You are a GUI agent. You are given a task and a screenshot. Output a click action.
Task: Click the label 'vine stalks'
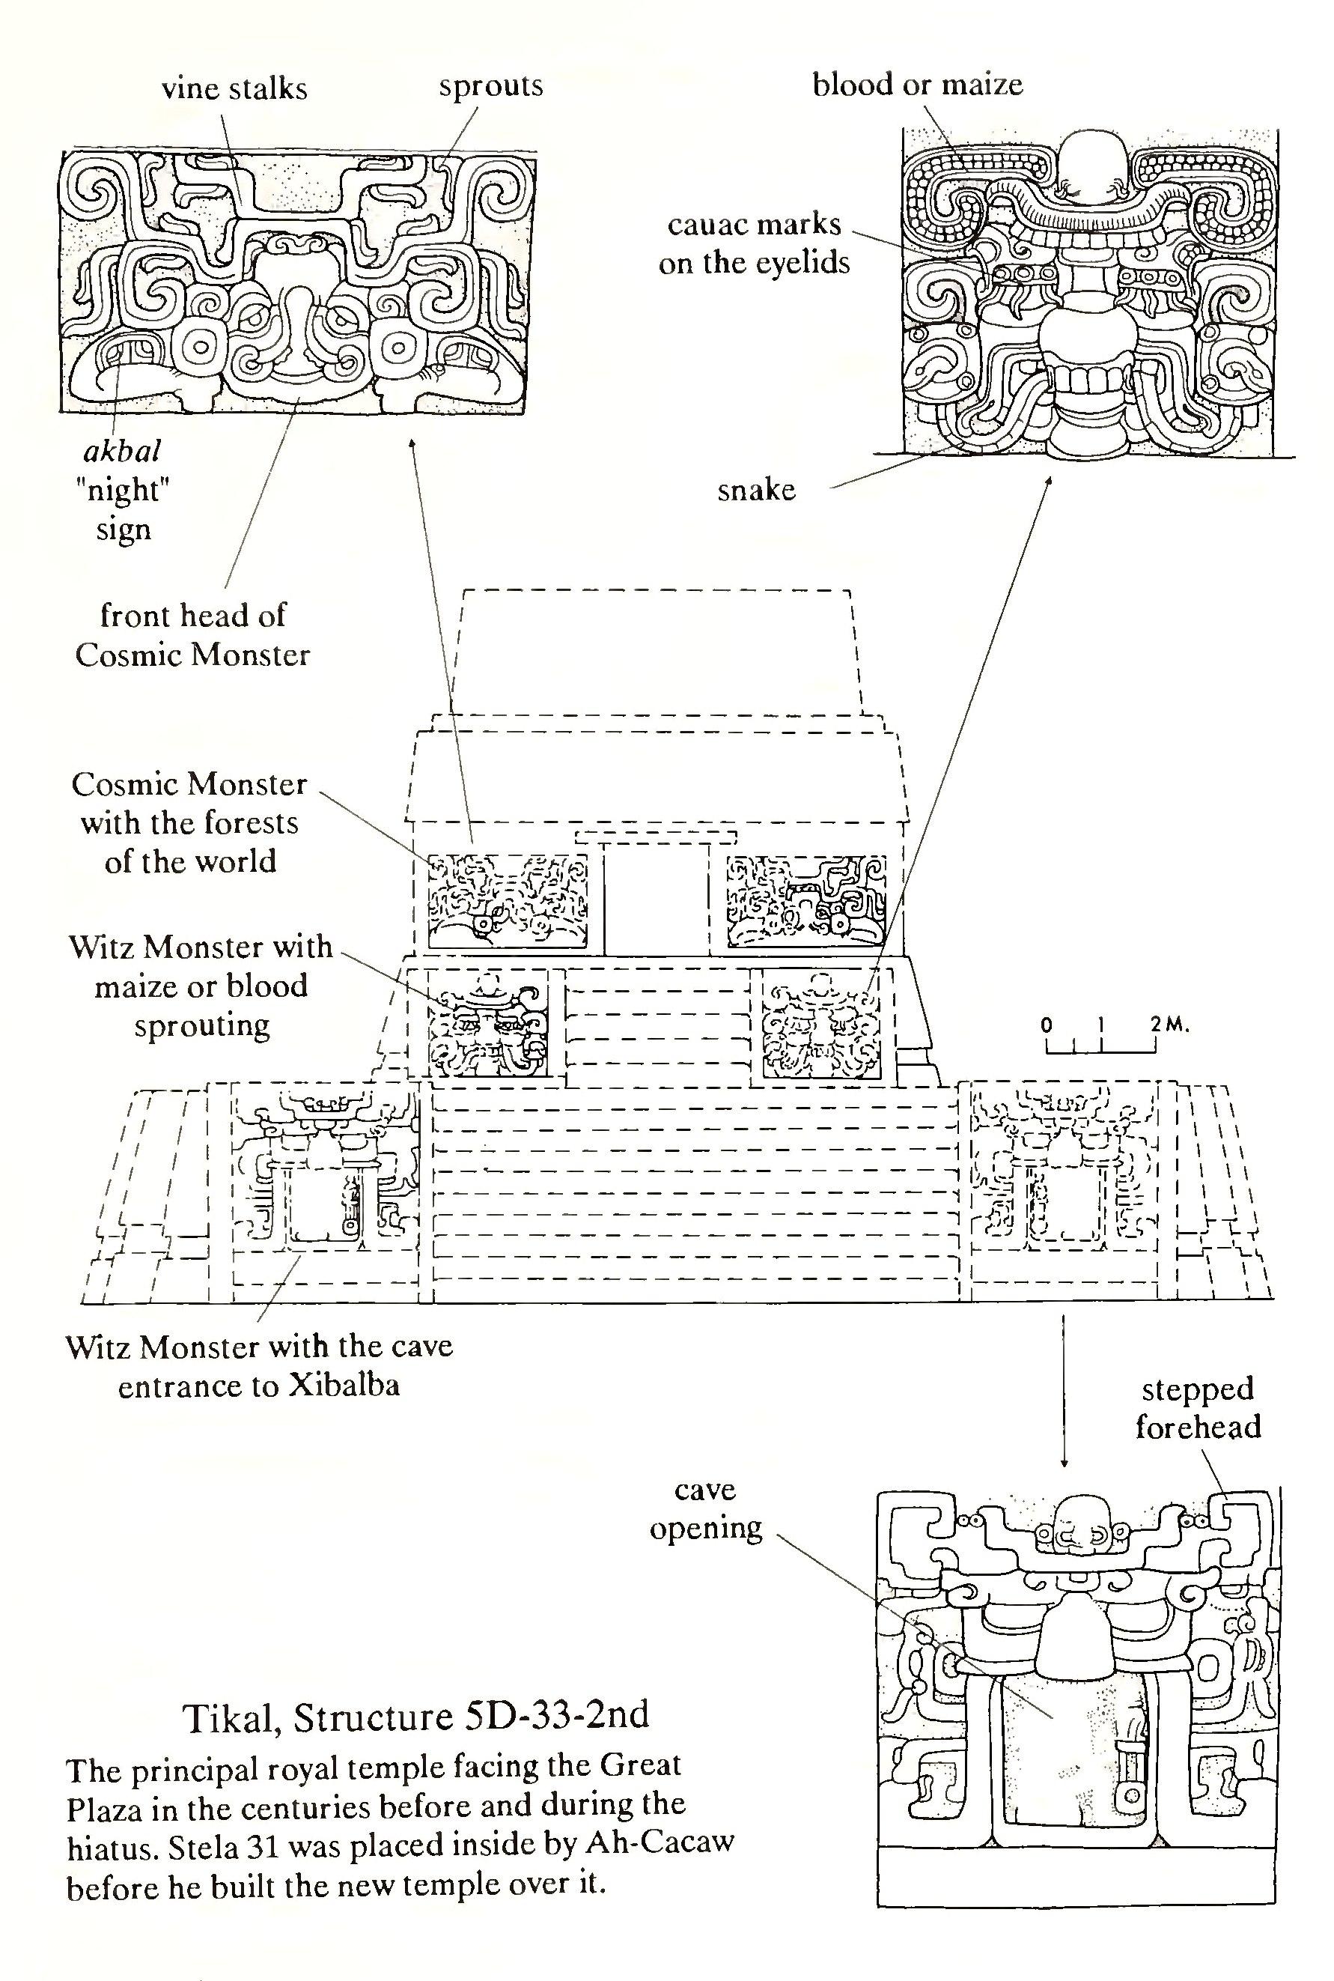[234, 88]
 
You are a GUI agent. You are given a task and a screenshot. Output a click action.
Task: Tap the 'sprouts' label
[491, 86]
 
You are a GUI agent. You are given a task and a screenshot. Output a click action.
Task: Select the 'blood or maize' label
[917, 84]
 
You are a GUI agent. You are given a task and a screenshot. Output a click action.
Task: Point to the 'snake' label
[756, 489]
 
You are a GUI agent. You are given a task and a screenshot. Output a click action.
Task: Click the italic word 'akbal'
[123, 450]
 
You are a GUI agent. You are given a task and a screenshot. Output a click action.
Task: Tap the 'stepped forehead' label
[1198, 1407]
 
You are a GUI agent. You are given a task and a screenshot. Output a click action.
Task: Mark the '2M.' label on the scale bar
[1170, 1025]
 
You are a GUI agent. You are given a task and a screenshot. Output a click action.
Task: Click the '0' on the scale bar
[1047, 1025]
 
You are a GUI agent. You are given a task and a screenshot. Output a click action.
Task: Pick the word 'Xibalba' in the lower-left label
[343, 1386]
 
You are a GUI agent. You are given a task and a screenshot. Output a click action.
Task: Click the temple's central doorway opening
[656, 898]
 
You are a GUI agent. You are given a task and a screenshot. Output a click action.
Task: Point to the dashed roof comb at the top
[656, 651]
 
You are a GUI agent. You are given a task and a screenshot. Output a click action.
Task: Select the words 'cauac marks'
[754, 225]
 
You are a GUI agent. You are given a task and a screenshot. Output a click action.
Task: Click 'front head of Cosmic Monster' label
[192, 635]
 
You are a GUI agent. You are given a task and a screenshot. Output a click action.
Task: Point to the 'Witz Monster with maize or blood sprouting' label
[201, 986]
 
